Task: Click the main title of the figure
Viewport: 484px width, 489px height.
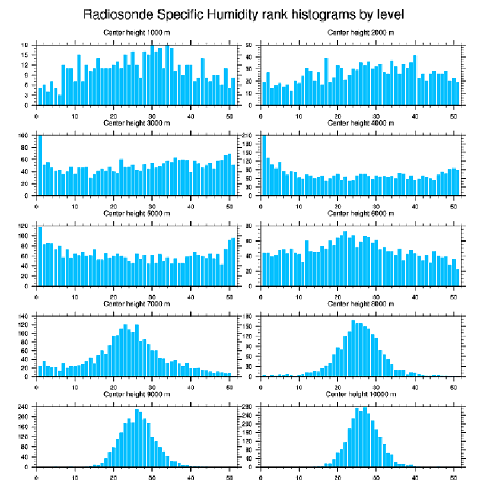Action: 243,14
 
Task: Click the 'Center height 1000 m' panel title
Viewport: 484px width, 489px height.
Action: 136,32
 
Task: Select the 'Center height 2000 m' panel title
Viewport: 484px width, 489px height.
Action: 360,32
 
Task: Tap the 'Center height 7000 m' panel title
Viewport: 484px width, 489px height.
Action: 136,304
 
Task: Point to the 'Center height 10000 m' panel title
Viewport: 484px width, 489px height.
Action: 360,394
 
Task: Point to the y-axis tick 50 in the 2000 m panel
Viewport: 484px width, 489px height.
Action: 250,45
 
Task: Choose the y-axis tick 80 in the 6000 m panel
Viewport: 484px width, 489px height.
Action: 250,226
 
